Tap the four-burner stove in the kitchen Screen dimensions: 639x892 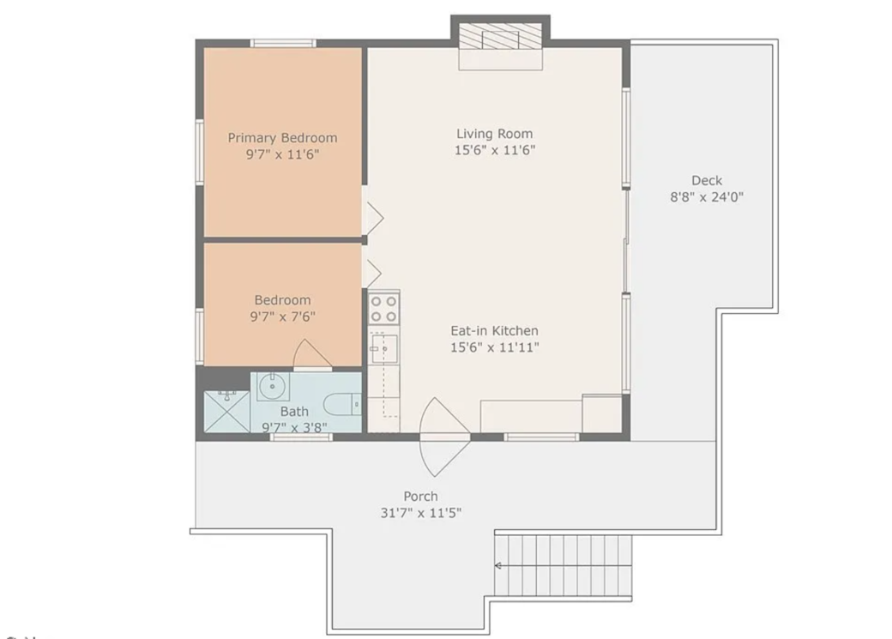383,308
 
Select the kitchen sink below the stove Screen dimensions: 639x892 383,347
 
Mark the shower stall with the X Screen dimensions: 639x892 226,412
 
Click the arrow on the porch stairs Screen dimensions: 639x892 498,565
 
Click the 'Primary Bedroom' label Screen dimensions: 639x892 282,137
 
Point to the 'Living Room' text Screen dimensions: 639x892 494,133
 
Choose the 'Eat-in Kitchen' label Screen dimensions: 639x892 494,330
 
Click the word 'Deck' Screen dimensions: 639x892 707,180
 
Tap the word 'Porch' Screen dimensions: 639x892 420,496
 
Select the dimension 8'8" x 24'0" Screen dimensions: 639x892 707,196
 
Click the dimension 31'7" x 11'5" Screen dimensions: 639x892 420,513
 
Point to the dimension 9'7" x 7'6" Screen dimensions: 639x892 282,316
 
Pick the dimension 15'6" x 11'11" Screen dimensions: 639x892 494,347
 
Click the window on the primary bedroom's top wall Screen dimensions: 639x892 282,43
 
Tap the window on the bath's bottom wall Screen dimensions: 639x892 301,437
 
